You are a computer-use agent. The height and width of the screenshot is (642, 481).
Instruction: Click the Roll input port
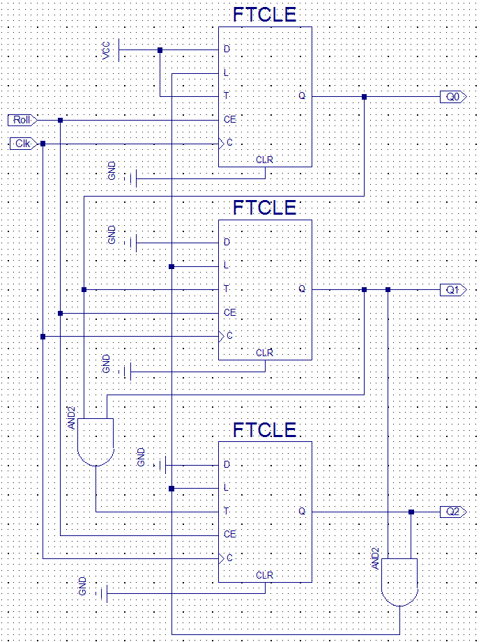[x=23, y=121]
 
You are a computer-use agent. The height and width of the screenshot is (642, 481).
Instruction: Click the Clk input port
[x=23, y=144]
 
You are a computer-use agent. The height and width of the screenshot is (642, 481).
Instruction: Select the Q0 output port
[x=453, y=97]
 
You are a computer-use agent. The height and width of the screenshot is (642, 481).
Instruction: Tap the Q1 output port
[x=453, y=290]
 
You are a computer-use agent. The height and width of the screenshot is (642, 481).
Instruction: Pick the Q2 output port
[x=453, y=512]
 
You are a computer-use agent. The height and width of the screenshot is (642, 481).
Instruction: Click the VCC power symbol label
[x=106, y=51]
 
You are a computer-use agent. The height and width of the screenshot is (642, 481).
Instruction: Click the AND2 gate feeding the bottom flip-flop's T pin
[x=96, y=442]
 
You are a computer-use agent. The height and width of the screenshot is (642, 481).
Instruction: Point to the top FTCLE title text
[x=264, y=15]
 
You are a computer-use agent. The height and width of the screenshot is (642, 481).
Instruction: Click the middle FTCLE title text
[x=264, y=208]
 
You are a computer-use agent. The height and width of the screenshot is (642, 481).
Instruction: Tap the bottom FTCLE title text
[x=264, y=430]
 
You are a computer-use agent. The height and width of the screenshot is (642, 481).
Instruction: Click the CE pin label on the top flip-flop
[x=230, y=120]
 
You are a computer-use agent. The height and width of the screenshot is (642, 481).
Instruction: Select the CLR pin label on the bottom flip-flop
[x=264, y=575]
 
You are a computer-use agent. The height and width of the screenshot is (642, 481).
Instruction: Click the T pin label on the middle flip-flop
[x=227, y=289]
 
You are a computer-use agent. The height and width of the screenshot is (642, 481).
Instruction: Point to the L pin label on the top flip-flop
[x=226, y=73]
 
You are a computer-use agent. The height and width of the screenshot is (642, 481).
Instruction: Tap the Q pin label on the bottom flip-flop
[x=302, y=512]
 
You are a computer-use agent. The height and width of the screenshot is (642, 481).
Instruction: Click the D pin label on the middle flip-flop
[x=227, y=242]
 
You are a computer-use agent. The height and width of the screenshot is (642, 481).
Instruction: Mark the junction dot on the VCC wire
[x=160, y=50]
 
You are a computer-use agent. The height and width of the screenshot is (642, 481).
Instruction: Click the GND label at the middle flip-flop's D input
[x=112, y=235]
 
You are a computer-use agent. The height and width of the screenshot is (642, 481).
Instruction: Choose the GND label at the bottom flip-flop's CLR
[x=83, y=586]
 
